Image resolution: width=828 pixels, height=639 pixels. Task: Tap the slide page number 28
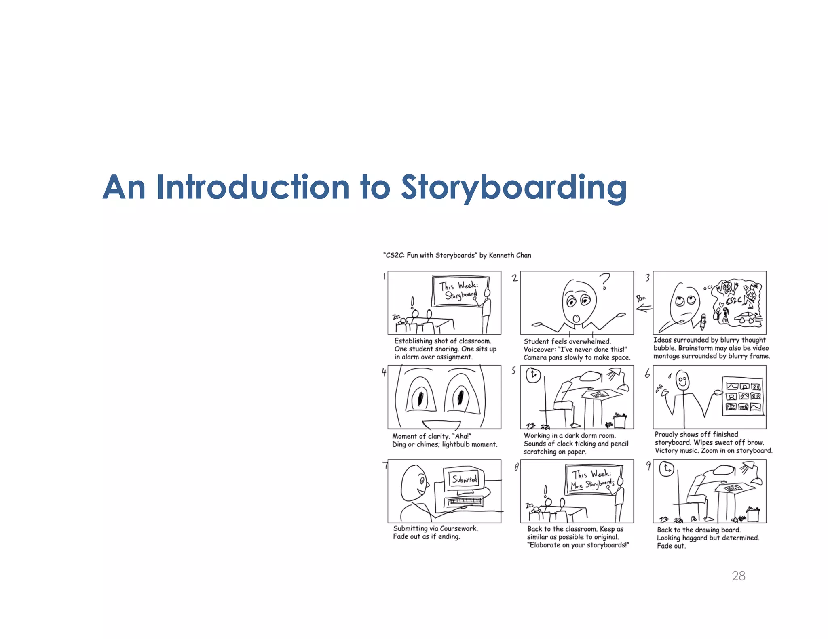coord(738,576)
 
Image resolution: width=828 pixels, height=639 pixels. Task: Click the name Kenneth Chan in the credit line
coord(510,255)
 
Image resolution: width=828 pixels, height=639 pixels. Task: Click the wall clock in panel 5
coord(533,375)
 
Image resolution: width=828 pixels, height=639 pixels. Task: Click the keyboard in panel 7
coord(465,502)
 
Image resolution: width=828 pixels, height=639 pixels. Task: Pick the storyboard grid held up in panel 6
coord(743,396)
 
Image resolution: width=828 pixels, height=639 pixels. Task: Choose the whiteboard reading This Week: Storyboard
coord(460,291)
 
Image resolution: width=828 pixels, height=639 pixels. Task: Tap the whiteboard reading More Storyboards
coord(593,479)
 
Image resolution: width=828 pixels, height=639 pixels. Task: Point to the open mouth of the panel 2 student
coord(576,319)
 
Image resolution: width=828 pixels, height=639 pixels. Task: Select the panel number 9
coord(648,465)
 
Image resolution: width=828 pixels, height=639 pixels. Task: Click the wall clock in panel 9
coord(667,469)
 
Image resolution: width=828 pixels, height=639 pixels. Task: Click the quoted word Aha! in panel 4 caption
coord(462,436)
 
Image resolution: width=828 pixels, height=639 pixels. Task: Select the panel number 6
coord(647,374)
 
